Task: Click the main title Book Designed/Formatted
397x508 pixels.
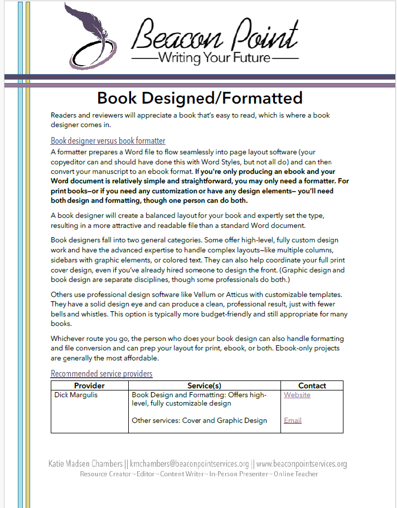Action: click(200, 98)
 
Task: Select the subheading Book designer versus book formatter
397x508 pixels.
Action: click(108, 140)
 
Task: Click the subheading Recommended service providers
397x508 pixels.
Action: click(101, 373)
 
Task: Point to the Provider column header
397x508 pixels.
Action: click(89, 385)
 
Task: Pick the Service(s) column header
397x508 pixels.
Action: click(204, 385)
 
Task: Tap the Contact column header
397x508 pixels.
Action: click(312, 385)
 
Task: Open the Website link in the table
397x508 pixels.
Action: click(297, 395)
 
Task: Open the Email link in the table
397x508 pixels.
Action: click(292, 421)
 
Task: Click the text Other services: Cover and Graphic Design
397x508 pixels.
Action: click(199, 421)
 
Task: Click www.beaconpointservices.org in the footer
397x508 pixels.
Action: click(301, 463)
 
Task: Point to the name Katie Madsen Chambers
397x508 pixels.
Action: click(85, 463)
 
